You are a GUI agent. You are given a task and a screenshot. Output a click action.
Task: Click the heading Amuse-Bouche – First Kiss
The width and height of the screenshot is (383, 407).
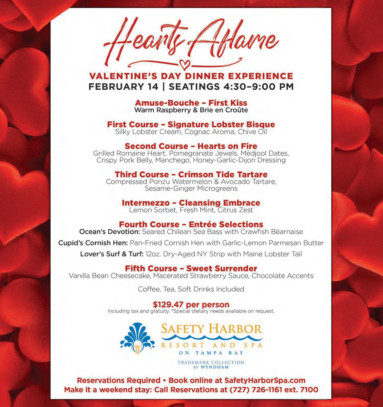[x=191, y=103]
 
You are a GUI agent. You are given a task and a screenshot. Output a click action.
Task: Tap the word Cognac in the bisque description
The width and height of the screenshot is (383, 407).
[x=197, y=132]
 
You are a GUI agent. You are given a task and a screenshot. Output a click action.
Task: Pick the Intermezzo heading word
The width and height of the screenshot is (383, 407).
[x=145, y=203]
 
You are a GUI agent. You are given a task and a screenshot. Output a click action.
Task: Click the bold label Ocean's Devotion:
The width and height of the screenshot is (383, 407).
[x=110, y=232]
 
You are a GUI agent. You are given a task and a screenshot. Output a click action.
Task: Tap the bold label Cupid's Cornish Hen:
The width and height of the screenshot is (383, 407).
[x=93, y=243]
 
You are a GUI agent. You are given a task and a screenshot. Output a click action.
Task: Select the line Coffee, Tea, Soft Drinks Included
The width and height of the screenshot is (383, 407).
[x=191, y=289]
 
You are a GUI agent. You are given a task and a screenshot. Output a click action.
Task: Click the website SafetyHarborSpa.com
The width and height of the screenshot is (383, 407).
[x=265, y=380]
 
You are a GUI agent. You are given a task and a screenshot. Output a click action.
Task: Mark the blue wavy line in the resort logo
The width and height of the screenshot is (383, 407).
[x=212, y=338]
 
